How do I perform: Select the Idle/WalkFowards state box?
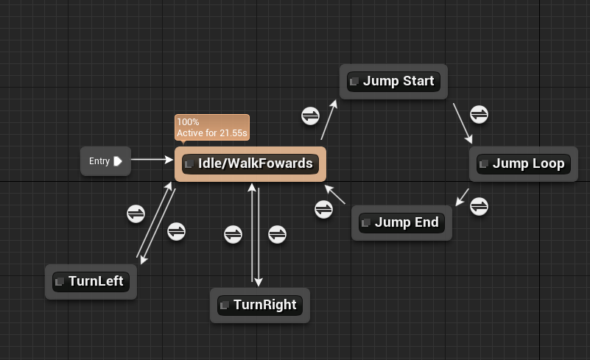click(x=250, y=163)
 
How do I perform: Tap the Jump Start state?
click(x=393, y=81)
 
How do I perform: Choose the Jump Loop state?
click(x=522, y=163)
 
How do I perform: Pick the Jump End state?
click(x=401, y=222)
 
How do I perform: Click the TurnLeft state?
click(x=91, y=281)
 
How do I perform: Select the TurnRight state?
click(x=259, y=305)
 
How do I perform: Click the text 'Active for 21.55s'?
click(x=211, y=133)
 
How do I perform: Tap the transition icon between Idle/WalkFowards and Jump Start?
click(x=311, y=116)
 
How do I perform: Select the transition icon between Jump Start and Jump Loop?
click(x=480, y=114)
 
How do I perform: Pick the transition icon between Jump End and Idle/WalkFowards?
click(x=324, y=209)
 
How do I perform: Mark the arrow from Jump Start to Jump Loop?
click(x=463, y=123)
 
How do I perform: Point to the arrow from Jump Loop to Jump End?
click(x=462, y=197)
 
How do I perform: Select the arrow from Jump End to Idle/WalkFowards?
click(x=334, y=194)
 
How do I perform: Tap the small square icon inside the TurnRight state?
click(x=225, y=306)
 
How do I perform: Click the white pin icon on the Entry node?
click(x=118, y=161)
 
